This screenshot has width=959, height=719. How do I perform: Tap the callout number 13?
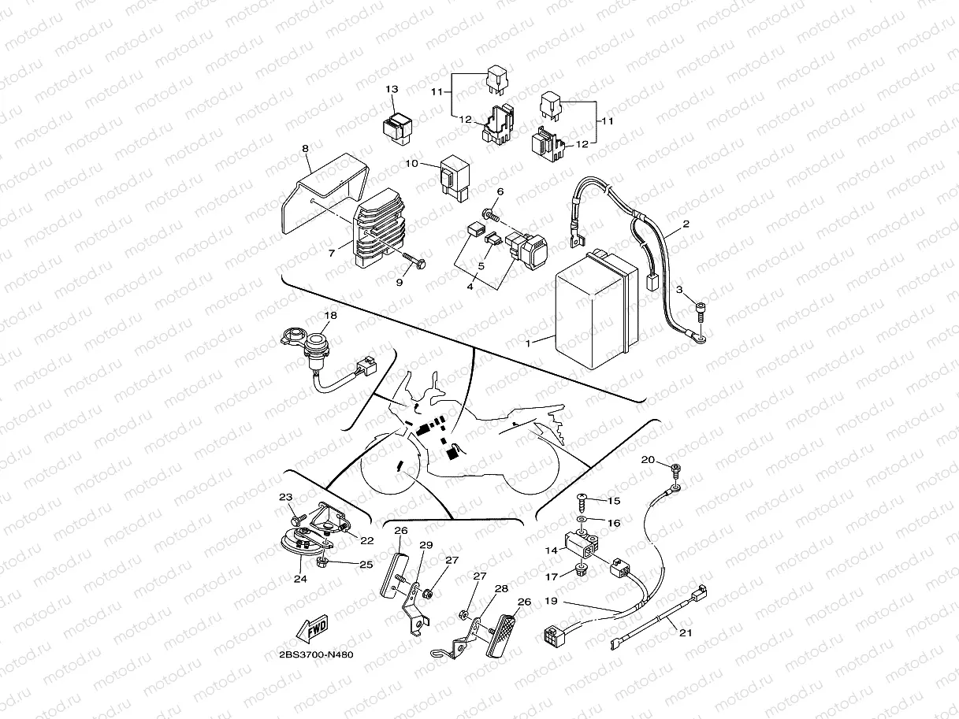pos(392,89)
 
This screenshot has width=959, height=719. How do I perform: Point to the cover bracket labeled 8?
pos(323,197)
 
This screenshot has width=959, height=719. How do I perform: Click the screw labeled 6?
pos(490,213)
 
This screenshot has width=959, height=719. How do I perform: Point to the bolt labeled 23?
pos(295,520)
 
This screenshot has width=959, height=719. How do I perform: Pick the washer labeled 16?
pos(581,521)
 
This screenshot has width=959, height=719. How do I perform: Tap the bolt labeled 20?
pos(676,470)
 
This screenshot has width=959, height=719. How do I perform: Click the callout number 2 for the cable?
pos(686,224)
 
